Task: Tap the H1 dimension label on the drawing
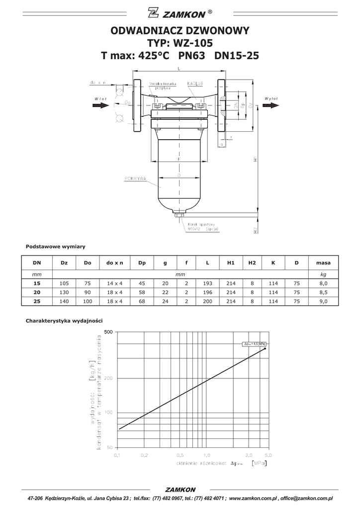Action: pyautogui.click(x=255, y=160)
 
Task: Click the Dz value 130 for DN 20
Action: pyautogui.click(x=64, y=292)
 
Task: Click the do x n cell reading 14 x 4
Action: pyautogui.click(x=115, y=283)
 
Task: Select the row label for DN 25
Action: pyautogui.click(x=37, y=301)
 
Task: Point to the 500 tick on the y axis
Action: pyautogui.click(x=109, y=332)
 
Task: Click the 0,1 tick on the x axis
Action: pyautogui.click(x=118, y=454)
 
